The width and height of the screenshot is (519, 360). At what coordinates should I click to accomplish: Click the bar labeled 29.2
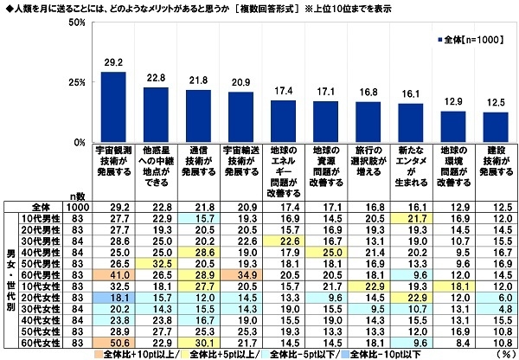(x=114, y=106)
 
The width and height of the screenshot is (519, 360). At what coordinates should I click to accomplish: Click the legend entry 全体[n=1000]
(x=468, y=39)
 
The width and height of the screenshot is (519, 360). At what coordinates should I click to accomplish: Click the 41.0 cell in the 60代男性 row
(x=114, y=273)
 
